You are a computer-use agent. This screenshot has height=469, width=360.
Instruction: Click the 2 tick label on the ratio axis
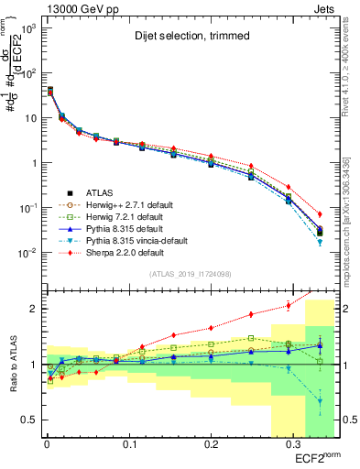(34, 309)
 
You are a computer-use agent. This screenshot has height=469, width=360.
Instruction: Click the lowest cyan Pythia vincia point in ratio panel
(320, 401)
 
